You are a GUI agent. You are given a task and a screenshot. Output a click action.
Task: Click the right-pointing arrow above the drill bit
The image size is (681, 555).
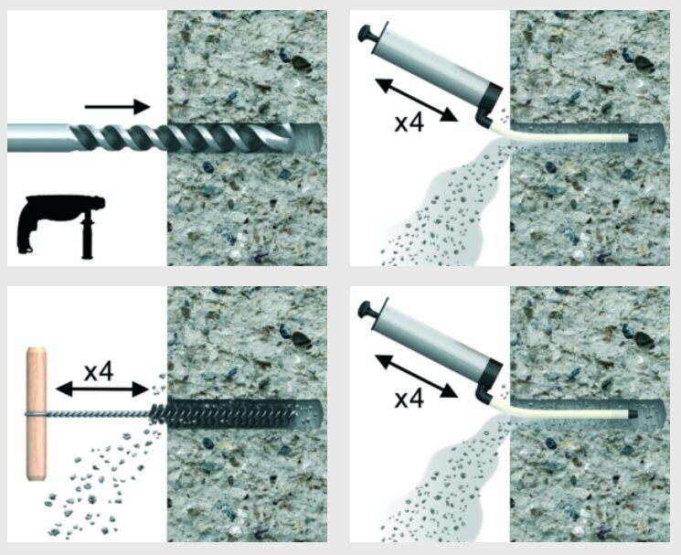[117, 106]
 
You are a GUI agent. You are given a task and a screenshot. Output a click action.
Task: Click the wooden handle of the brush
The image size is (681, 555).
[36, 413]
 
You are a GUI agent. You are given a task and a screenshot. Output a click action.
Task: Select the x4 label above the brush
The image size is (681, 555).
[99, 372]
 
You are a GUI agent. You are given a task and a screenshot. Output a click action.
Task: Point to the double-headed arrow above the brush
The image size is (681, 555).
[102, 390]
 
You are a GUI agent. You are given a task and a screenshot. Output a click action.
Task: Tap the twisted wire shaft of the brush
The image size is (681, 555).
[99, 413]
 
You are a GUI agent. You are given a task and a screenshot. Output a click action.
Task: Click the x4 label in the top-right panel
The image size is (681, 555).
[409, 123]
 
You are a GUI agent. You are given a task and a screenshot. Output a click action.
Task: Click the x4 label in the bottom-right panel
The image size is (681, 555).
[409, 399]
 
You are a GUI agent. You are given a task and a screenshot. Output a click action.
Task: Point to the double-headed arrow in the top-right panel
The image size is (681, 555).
[416, 100]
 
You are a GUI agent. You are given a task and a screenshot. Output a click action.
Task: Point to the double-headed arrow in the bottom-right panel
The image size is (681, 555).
[416, 376]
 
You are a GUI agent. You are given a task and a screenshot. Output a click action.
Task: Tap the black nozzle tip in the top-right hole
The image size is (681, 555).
[633, 138]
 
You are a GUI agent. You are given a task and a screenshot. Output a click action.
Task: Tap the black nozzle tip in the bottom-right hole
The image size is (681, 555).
[633, 414]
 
